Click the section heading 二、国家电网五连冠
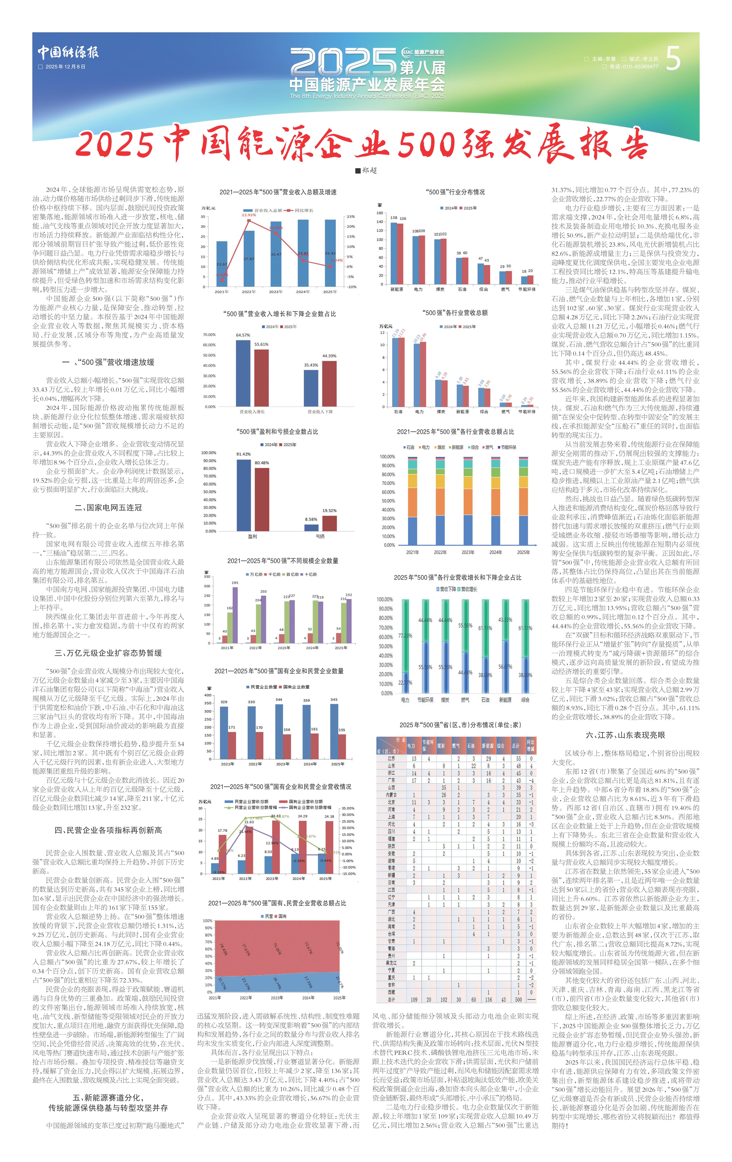[x=108, y=508]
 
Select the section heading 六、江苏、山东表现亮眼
[x=625, y=735]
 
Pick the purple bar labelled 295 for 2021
[x=235, y=614]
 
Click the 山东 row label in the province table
[x=391, y=766]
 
